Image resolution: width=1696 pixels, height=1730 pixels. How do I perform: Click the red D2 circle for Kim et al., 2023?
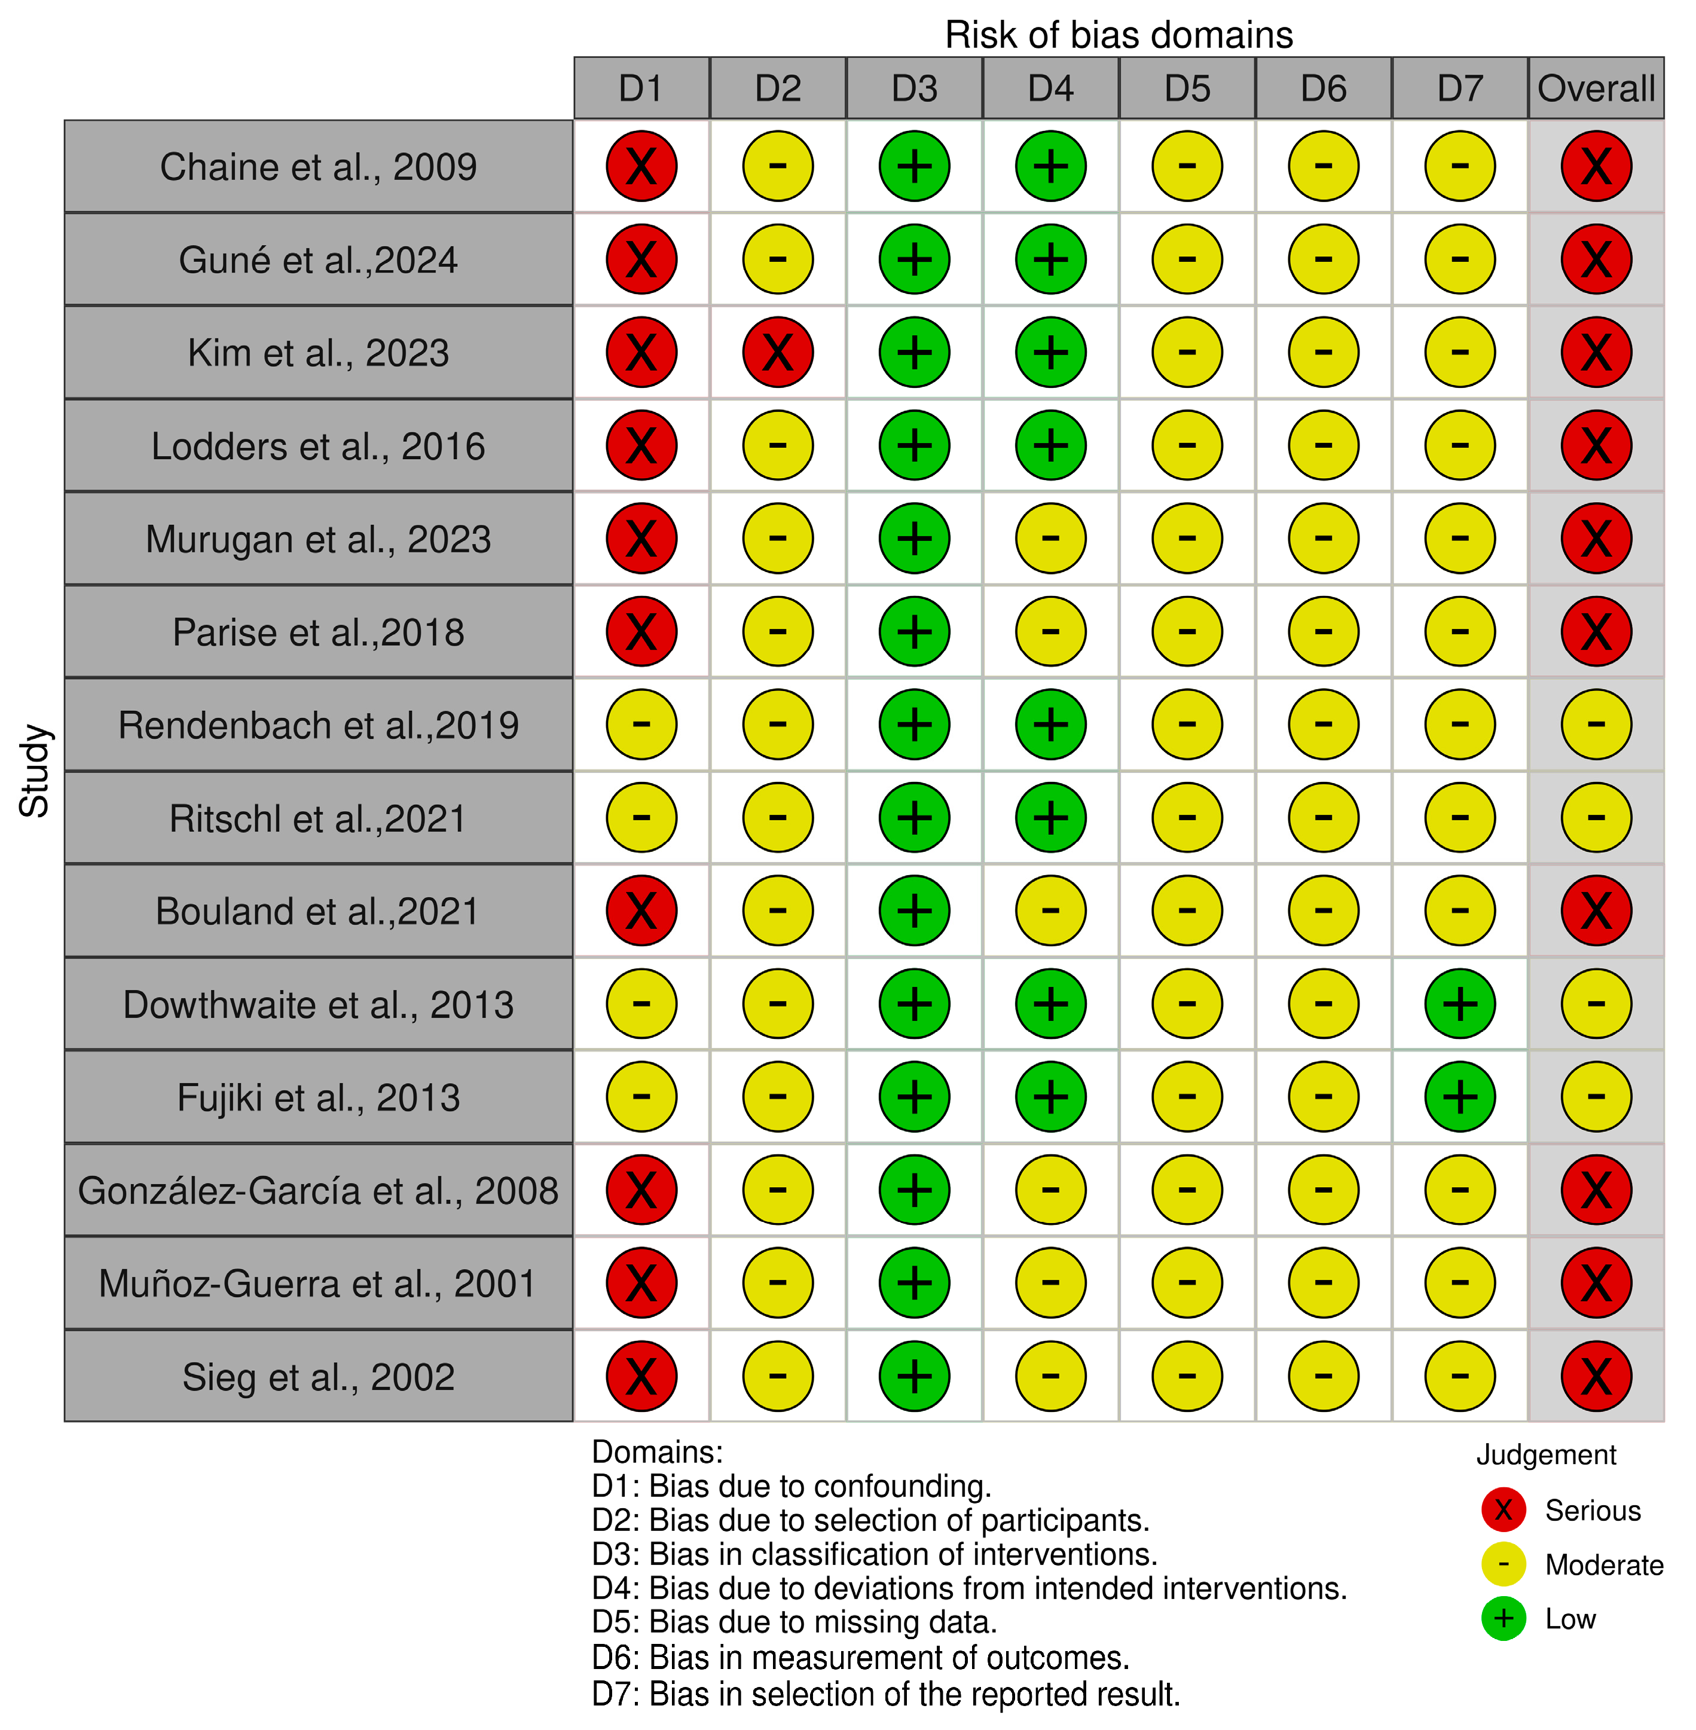click(778, 353)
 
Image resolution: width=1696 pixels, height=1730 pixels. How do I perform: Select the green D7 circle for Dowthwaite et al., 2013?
click(1460, 1004)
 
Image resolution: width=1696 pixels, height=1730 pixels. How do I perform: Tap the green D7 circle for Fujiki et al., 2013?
click(1460, 1096)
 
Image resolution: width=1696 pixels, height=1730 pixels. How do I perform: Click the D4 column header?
click(1051, 88)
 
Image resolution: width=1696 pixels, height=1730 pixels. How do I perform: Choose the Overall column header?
click(1596, 88)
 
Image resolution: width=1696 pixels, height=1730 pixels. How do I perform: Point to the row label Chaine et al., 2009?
click(318, 167)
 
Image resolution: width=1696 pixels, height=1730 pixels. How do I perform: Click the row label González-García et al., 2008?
click(318, 1191)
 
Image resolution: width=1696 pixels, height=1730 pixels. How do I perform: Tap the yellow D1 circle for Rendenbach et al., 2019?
click(641, 725)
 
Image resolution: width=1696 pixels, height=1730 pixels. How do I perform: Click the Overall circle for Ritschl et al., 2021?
click(1596, 818)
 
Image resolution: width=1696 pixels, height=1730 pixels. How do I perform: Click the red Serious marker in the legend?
click(1504, 1510)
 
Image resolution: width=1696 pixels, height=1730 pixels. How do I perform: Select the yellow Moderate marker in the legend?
click(1504, 1564)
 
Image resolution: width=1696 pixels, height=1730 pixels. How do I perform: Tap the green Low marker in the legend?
click(1504, 1619)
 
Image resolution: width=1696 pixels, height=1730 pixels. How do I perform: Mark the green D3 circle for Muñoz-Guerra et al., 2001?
click(915, 1283)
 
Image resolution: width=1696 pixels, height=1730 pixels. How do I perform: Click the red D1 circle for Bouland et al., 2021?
click(641, 911)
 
